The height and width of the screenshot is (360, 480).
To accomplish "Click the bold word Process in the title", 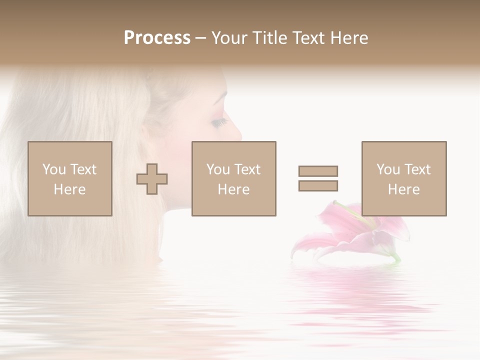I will (157, 38).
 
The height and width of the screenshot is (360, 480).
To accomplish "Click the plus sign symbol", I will (152, 179).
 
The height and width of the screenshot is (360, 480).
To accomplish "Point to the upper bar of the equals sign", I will (318, 171).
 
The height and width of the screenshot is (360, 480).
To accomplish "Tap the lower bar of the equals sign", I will (318, 185).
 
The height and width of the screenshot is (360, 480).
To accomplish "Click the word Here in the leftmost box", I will (70, 189).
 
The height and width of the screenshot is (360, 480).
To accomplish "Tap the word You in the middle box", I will (218, 169).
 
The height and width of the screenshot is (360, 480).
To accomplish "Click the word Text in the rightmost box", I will (417, 169).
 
